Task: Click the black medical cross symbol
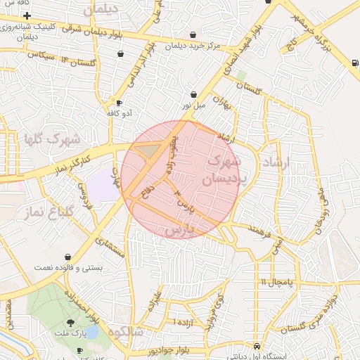[27, 15]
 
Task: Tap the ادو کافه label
[119, 112]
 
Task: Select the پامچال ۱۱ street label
[274, 282]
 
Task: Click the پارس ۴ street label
[183, 202]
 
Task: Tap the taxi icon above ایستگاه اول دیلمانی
[259, 347]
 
